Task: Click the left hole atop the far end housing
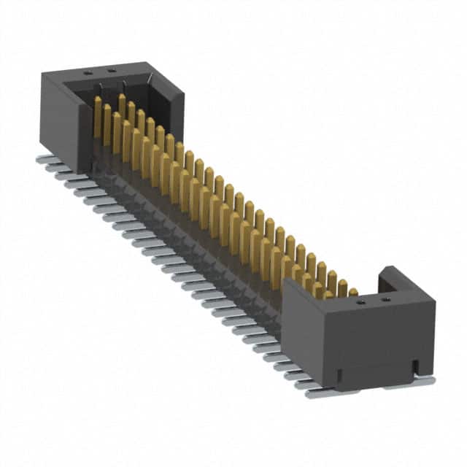click(87, 73)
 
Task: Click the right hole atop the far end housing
click(111, 71)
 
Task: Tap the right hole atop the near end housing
click(386, 298)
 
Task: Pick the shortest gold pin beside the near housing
click(353, 292)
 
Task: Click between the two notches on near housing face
click(377, 368)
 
